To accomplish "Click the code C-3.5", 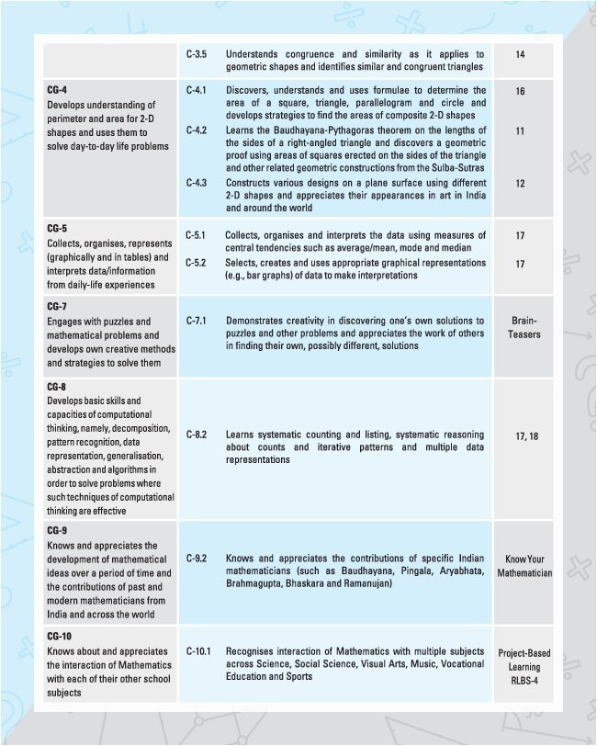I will click(196, 55).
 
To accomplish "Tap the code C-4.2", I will click(197, 131).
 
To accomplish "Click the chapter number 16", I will click(520, 92).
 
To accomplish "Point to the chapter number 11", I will click(520, 131).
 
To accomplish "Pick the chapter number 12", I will click(520, 184).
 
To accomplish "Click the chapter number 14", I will click(520, 55).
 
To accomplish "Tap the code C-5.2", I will click(197, 263).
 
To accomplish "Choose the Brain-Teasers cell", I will click(524, 328).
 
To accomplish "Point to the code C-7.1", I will click(197, 322).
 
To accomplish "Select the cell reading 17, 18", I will click(520, 437).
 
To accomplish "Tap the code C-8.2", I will click(197, 432).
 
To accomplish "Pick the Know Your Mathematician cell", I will click(524, 566).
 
